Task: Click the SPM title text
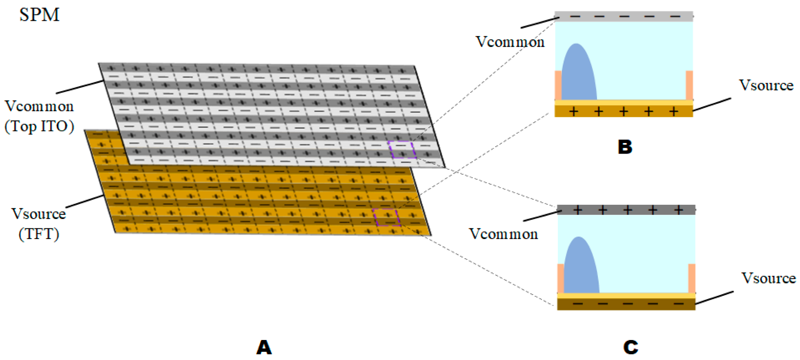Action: [39, 15]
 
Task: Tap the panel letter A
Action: [264, 347]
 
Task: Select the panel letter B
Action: [625, 147]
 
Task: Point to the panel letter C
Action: [631, 347]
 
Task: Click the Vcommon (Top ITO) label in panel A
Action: [39, 116]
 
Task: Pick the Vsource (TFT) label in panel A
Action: [39, 224]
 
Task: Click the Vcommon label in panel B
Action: [510, 42]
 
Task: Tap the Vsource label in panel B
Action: [766, 85]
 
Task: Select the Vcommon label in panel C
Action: [503, 234]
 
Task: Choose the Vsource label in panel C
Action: [769, 278]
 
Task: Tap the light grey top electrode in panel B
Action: [624, 16]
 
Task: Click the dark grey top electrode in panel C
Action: [626, 210]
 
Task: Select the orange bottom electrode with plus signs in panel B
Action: [624, 111]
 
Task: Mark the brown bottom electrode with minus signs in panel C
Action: [626, 304]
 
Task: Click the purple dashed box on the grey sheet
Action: [402, 150]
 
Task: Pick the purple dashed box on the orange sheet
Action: [386, 217]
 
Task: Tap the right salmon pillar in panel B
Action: [689, 85]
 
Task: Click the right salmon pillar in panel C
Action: [692, 278]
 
